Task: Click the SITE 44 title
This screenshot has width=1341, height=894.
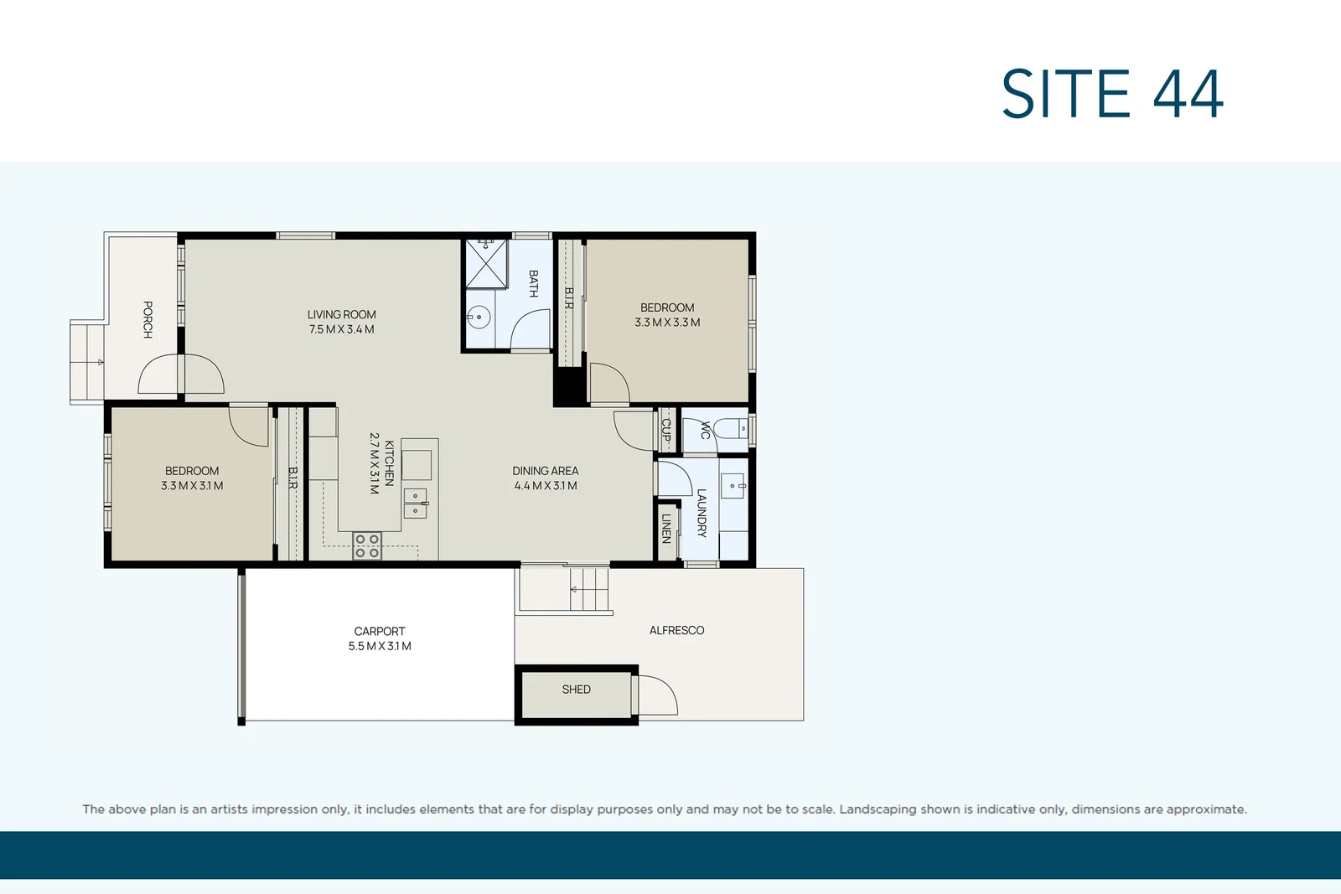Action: [x=1112, y=94]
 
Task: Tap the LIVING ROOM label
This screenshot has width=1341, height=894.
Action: [x=341, y=314]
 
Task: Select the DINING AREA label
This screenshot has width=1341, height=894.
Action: [x=545, y=471]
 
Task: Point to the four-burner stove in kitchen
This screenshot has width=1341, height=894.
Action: [x=367, y=546]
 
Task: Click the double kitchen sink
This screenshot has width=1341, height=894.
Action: [x=416, y=503]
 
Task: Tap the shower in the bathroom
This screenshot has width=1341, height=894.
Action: [x=487, y=263]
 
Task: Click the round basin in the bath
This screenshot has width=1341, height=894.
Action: [x=479, y=317]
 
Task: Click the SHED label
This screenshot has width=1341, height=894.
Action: [x=576, y=690]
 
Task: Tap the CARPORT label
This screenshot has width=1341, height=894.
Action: [x=379, y=631]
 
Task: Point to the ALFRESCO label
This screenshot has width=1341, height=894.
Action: [x=676, y=630]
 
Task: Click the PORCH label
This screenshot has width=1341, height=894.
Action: [x=148, y=319]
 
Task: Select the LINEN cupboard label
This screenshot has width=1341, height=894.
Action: [x=666, y=528]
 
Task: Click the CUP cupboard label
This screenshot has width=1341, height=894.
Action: [x=666, y=430]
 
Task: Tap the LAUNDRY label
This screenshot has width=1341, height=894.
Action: [x=702, y=513]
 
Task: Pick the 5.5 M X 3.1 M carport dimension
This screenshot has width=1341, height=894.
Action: [x=379, y=646]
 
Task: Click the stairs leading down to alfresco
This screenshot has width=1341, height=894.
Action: [x=589, y=589]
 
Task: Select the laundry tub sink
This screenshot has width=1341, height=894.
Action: [x=733, y=485]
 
